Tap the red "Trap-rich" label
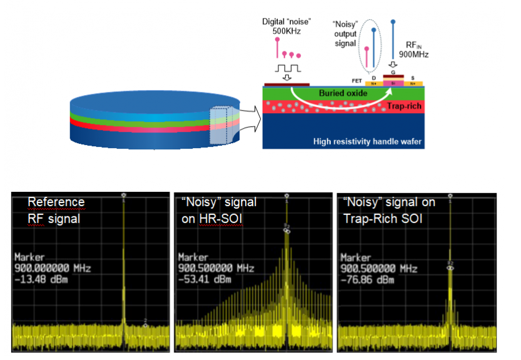coord(403,106)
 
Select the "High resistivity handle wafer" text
coord(367,142)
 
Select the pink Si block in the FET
coord(393,82)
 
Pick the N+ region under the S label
coord(413,83)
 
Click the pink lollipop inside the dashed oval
coord(366,48)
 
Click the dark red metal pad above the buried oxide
coord(286,84)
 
